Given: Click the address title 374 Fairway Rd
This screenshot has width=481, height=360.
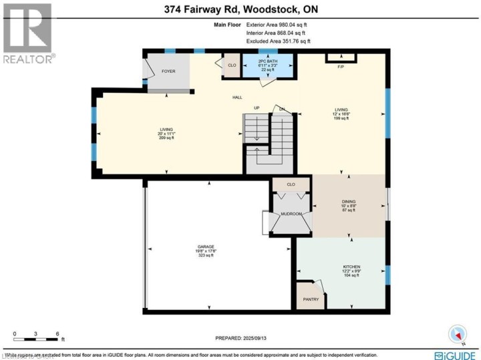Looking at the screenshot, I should [x=240, y=11].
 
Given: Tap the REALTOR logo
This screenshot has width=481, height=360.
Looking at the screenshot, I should [x=27, y=33].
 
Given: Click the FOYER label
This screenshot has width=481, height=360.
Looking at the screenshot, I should [x=168, y=70].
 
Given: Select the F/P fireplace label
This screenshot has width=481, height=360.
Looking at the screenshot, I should [x=341, y=67].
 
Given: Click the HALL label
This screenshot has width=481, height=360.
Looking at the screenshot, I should [x=236, y=98].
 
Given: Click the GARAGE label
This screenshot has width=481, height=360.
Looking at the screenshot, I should [x=204, y=247].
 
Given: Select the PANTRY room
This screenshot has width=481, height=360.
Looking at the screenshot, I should [x=311, y=299].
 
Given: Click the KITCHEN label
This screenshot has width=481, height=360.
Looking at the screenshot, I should [x=351, y=266].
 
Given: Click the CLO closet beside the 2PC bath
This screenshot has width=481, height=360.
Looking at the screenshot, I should [x=232, y=65].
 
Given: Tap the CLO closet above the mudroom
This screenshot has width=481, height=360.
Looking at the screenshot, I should [x=291, y=183].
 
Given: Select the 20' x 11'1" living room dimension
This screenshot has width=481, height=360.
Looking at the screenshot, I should [x=166, y=134].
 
